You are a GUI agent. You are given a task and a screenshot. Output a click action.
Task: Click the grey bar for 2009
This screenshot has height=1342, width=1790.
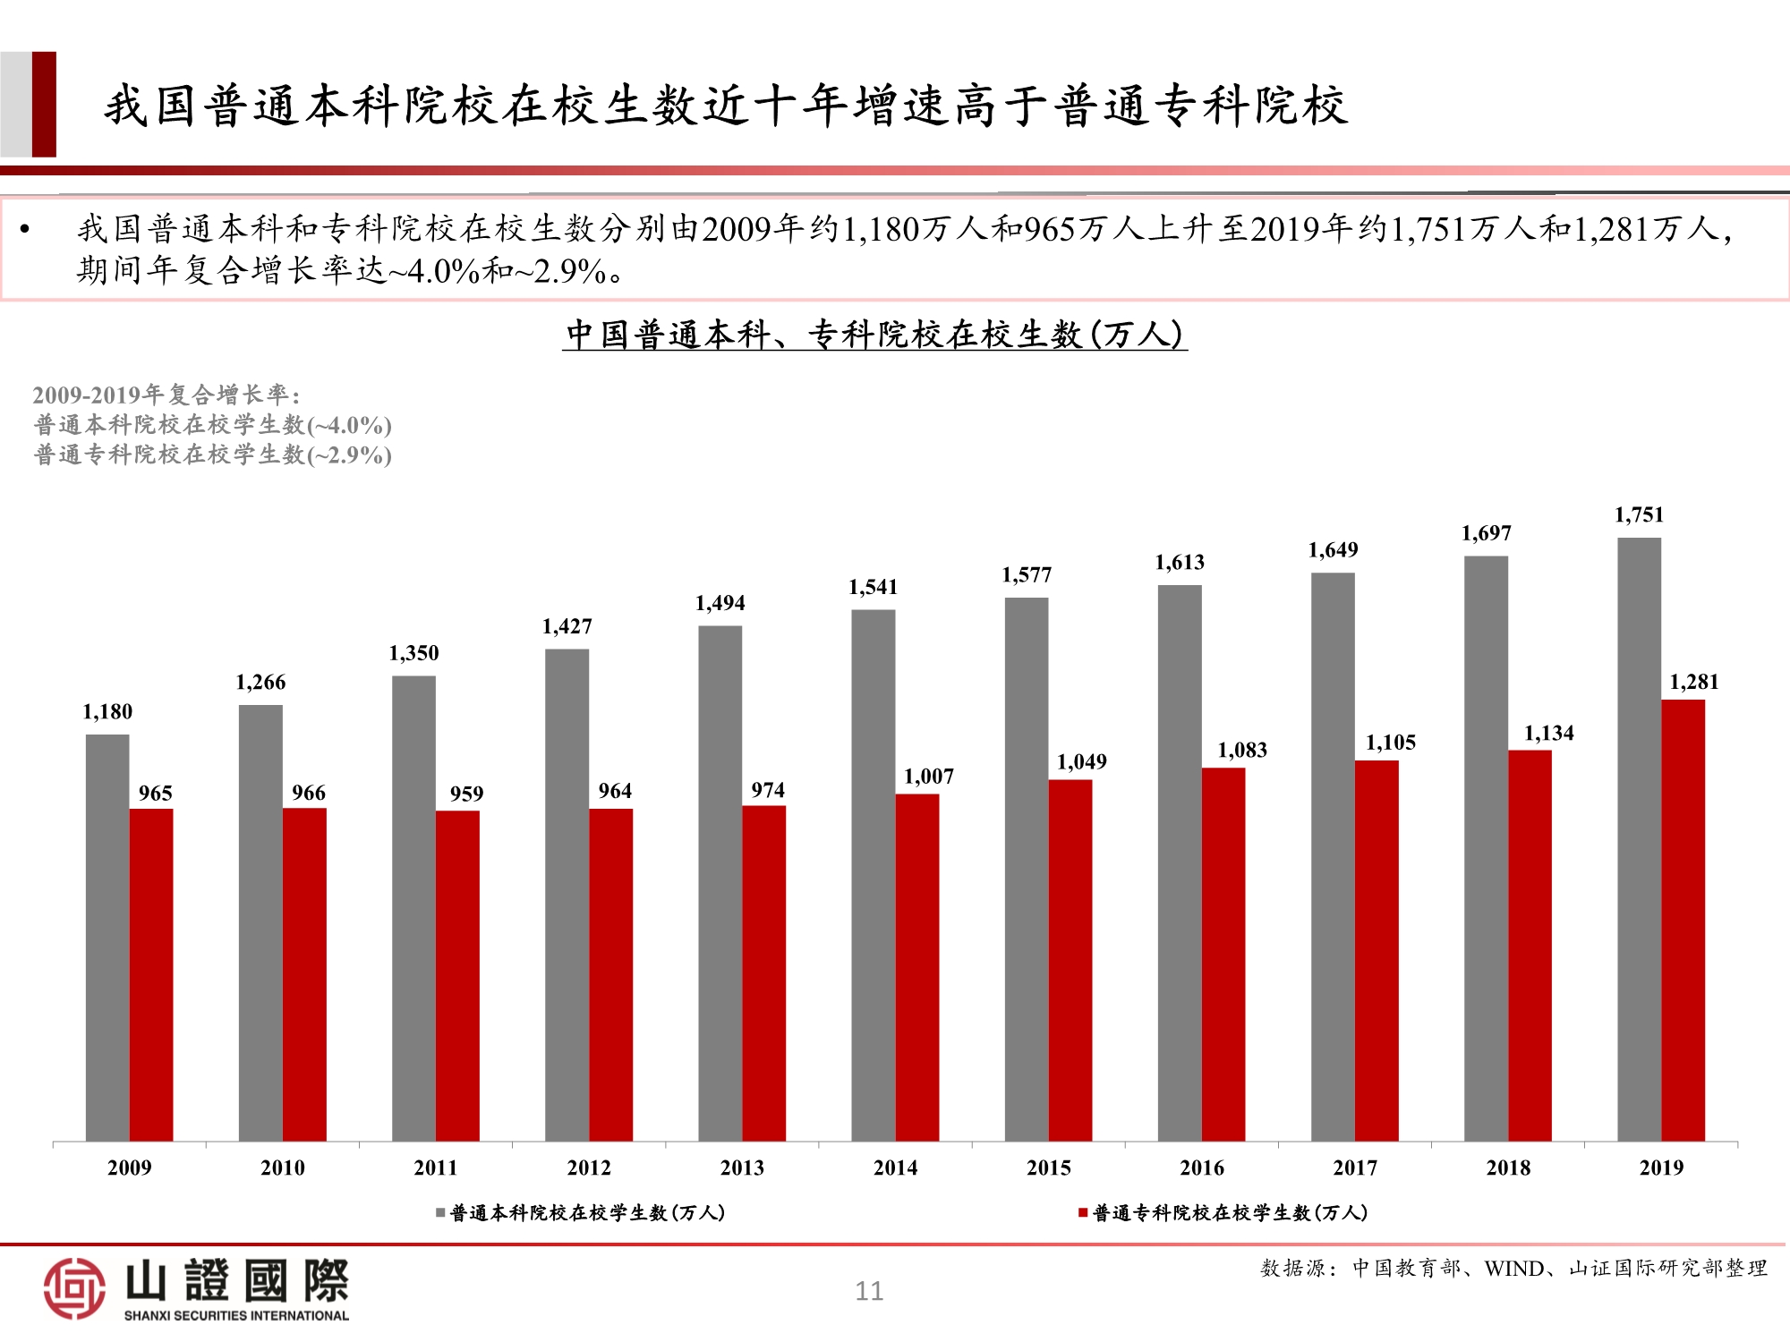click(x=107, y=938)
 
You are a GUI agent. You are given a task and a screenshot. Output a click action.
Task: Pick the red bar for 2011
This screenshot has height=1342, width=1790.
click(x=457, y=975)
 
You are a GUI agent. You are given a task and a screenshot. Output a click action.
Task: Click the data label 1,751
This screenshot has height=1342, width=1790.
click(x=1639, y=514)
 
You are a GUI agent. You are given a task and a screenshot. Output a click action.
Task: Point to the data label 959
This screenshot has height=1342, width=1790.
click(x=466, y=794)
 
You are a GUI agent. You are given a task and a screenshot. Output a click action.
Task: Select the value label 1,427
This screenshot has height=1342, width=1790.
click(x=567, y=626)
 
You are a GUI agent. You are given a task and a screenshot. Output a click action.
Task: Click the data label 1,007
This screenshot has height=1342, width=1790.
click(x=929, y=777)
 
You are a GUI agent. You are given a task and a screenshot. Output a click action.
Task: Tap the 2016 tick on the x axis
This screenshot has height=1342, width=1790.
click(x=1201, y=1168)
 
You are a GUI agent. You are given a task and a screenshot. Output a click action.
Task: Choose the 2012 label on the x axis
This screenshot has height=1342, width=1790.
click(x=589, y=1168)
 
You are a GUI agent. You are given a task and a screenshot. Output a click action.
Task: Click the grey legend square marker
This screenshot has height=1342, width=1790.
click(x=440, y=1213)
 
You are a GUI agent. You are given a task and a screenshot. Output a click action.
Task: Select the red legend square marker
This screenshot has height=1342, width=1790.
click(x=1083, y=1213)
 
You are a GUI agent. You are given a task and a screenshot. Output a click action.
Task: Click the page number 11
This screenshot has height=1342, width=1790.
click(x=869, y=1291)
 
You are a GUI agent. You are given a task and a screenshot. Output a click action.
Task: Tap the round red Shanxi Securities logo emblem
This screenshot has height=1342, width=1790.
click(x=74, y=1288)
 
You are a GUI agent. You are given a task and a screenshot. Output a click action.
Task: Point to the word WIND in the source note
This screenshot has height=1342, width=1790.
click(x=1514, y=1269)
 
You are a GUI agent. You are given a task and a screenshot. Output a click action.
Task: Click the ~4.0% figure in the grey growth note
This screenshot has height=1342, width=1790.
click(x=356, y=425)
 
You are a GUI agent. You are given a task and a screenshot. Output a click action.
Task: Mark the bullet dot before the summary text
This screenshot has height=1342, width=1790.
click(x=25, y=230)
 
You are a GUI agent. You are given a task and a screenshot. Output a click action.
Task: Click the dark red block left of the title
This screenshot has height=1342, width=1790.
click(x=44, y=105)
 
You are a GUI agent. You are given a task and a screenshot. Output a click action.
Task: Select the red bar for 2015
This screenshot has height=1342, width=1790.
click(x=1070, y=960)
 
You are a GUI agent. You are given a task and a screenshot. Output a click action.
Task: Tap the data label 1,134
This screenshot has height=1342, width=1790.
click(x=1548, y=734)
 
